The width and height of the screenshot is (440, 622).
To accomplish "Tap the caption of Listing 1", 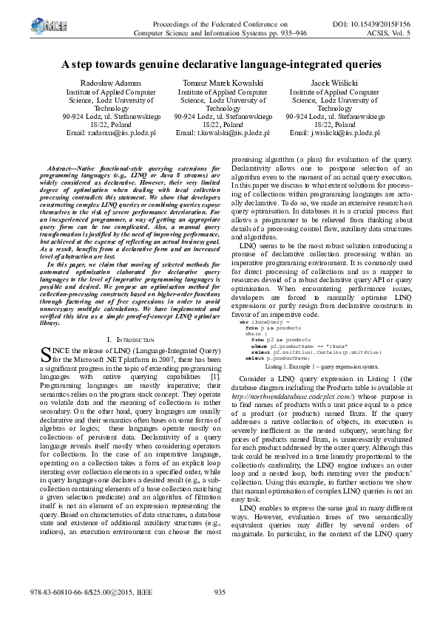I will pyautogui.click(x=322, y=386).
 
